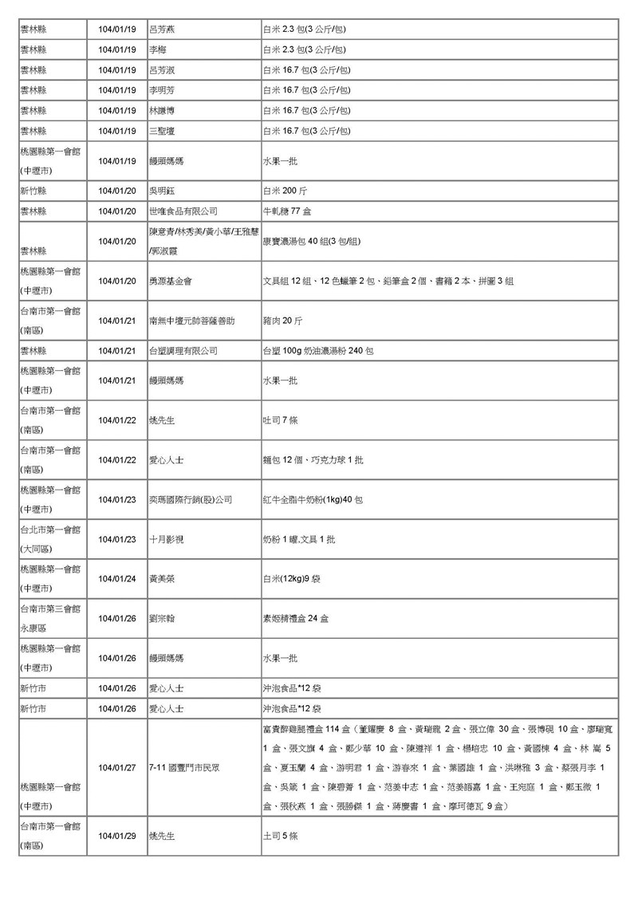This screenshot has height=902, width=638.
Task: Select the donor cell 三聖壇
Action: point(162,131)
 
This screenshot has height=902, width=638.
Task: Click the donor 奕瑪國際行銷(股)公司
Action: point(191,499)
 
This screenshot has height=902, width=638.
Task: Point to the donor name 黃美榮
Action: point(162,578)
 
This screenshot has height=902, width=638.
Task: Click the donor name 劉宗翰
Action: point(162,618)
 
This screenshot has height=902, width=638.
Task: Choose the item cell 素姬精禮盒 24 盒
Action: point(295,618)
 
